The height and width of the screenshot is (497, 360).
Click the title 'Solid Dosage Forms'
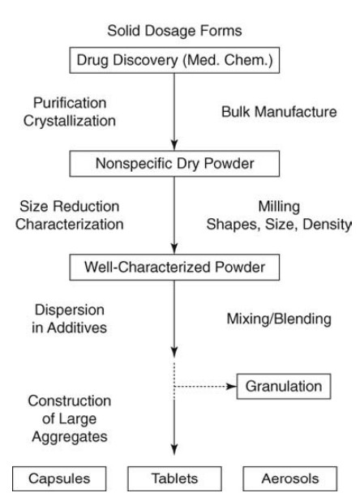click(x=174, y=31)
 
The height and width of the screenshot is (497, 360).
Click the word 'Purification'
click(x=70, y=103)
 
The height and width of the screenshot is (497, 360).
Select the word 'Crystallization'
click(x=70, y=121)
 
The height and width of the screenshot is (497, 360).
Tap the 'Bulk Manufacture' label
click(x=279, y=112)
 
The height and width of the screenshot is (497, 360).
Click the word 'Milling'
click(x=279, y=207)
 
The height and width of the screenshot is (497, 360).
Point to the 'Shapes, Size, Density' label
click(x=279, y=225)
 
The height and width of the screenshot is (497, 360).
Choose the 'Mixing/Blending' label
click(x=279, y=319)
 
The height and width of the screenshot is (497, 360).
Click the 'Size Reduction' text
click(x=70, y=207)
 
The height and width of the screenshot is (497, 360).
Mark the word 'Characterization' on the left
click(x=70, y=225)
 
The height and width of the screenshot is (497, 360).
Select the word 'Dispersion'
click(x=70, y=310)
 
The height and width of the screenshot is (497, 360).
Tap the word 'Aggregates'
click(x=70, y=437)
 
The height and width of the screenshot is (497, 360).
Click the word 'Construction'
click(x=70, y=401)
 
